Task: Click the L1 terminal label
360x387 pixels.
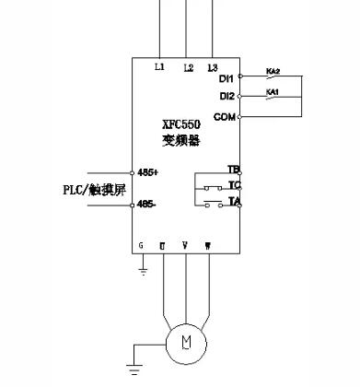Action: coord(159,67)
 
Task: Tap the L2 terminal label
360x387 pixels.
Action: coord(188,67)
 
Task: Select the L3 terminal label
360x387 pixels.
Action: coord(213,67)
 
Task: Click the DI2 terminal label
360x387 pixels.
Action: coord(227,96)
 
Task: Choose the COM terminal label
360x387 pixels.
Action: coord(225,117)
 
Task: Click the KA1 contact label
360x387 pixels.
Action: coord(273,91)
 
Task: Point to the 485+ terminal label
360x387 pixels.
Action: coord(147,172)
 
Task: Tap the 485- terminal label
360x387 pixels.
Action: coord(146,205)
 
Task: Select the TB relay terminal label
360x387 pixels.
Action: coord(233,170)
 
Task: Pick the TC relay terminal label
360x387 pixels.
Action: coord(233,185)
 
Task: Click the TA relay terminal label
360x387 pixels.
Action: coord(233,201)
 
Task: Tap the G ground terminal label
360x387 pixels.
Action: coord(141,245)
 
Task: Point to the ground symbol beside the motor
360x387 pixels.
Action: coord(134,370)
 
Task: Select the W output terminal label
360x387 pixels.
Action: coord(208,245)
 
